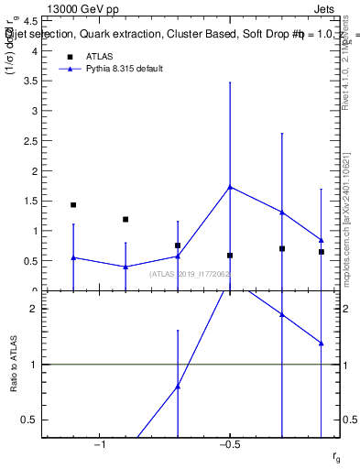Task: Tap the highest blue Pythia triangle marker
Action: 230,187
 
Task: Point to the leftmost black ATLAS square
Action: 73,205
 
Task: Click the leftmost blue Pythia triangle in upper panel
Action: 73,257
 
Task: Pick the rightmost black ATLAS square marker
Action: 322,252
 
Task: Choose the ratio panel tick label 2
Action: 35,309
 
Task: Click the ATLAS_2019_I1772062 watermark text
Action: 190,274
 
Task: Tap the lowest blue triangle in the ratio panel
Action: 178,386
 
